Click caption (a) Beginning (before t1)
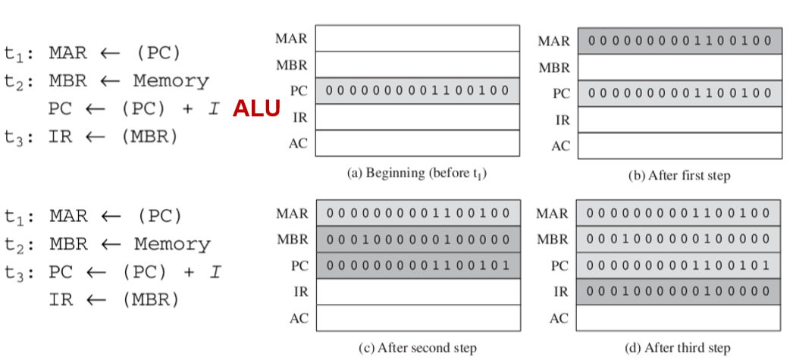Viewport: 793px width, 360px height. (416, 173)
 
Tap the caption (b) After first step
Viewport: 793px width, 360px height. (679, 175)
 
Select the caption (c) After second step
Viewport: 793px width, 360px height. (418, 348)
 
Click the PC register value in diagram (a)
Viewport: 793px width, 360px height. (418, 91)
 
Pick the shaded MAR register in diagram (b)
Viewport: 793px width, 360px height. (679, 41)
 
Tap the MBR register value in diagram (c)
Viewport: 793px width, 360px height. (418, 239)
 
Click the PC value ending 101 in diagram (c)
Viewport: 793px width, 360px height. (418, 265)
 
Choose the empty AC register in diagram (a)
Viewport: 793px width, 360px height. (418, 142)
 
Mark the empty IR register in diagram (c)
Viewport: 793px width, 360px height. (418, 291)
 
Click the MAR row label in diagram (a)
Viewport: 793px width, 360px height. (292, 39)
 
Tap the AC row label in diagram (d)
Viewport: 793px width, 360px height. (559, 318)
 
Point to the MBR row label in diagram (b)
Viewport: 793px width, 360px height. (554, 68)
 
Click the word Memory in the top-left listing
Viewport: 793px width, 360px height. (171, 80)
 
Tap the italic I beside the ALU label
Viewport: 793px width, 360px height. (215, 108)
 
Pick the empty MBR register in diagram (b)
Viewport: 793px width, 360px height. (679, 67)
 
